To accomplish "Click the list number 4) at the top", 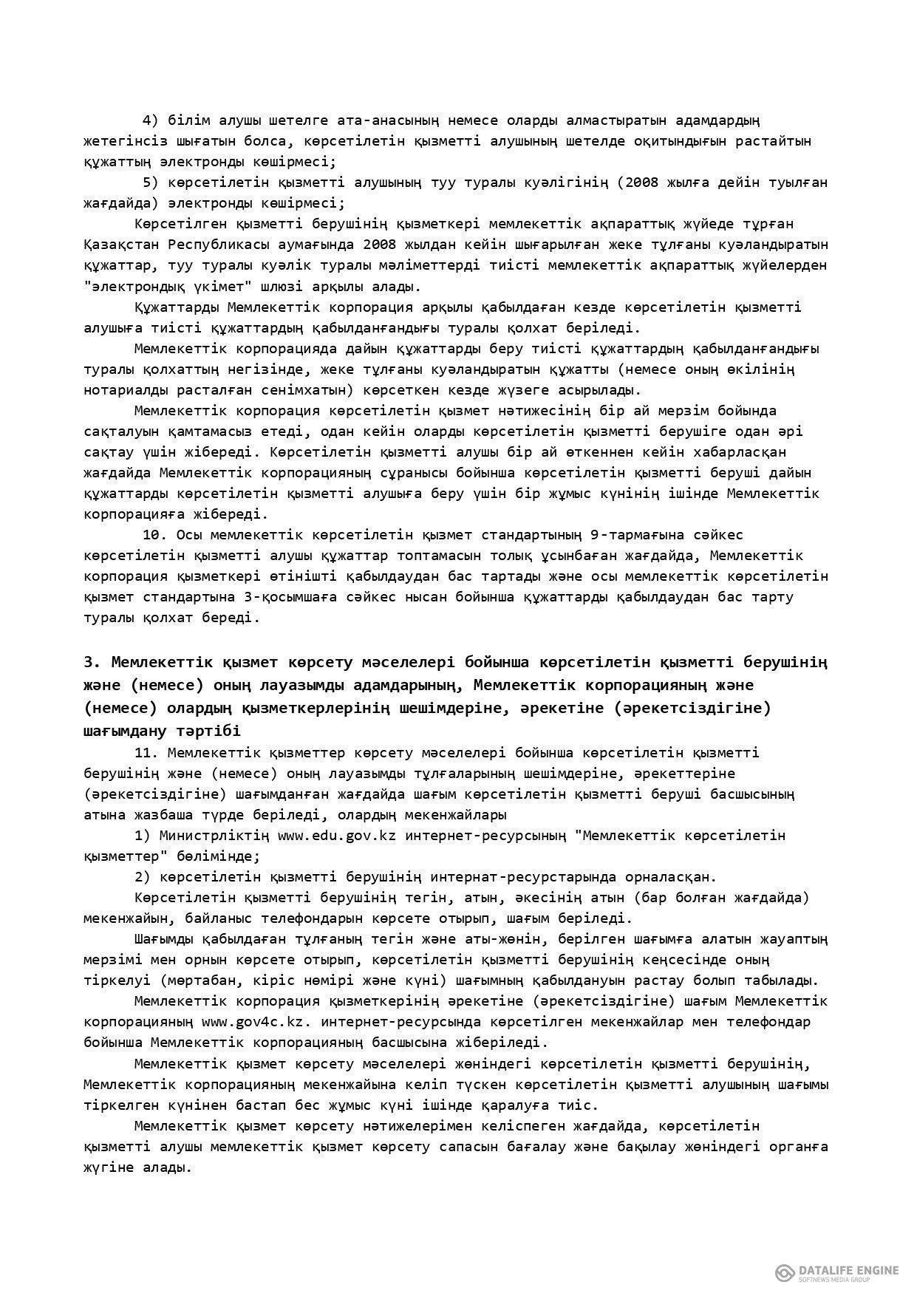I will tap(151, 120).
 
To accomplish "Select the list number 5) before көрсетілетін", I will tap(151, 182).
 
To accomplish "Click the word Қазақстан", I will tap(121, 244).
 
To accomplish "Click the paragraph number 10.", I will tap(154, 534).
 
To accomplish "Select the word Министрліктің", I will tap(214, 836).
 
